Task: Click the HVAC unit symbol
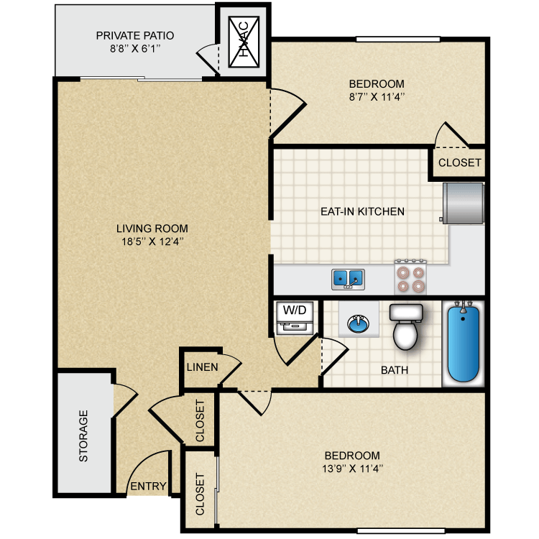pyautogui.click(x=243, y=44)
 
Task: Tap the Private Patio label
pyautogui.click(x=135, y=35)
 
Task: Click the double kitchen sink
pyautogui.click(x=348, y=278)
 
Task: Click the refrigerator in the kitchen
pyautogui.click(x=464, y=203)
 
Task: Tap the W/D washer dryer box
pyautogui.click(x=295, y=318)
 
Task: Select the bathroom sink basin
pyautogui.click(x=358, y=324)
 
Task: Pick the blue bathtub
pyautogui.click(x=464, y=341)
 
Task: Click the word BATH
pyautogui.click(x=395, y=370)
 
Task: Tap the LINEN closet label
pyautogui.click(x=202, y=367)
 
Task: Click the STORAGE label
pyautogui.click(x=83, y=436)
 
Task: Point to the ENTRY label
pyautogui.click(x=148, y=487)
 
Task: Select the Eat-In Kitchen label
pyautogui.click(x=362, y=211)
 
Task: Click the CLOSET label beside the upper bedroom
pyautogui.click(x=459, y=162)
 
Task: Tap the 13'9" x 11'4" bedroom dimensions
pyautogui.click(x=351, y=469)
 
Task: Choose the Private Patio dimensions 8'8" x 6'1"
pyautogui.click(x=135, y=48)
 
